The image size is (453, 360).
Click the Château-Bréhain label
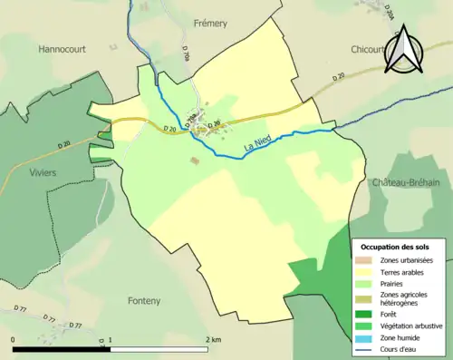click(x=405, y=182)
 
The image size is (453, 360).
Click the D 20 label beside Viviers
click(x=63, y=143)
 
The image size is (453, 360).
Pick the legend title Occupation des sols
click(x=395, y=246)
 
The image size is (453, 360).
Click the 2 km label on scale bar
click(x=212, y=340)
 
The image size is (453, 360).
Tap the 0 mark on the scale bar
click(x=14, y=340)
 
